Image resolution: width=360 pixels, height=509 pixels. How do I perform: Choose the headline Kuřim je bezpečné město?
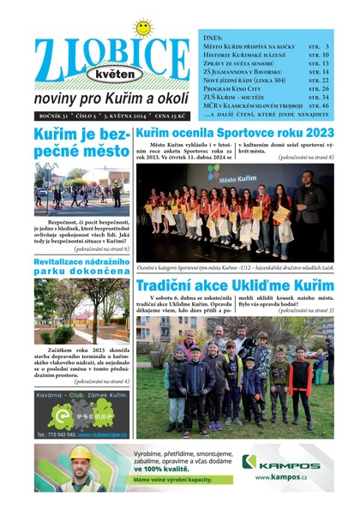click(x=82, y=144)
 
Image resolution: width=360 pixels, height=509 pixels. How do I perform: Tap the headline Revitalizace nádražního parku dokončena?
click(x=82, y=267)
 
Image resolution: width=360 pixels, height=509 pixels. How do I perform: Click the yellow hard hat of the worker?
click(x=80, y=452)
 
